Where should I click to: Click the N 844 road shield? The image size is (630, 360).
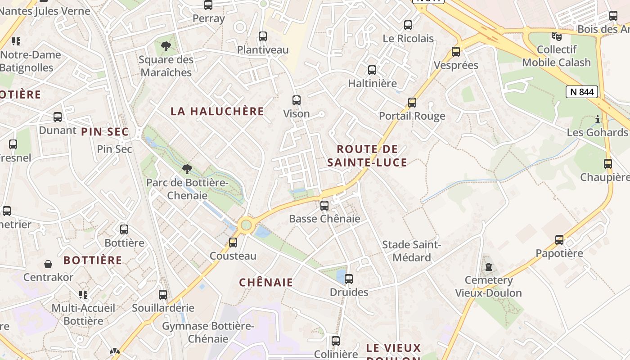pos(582,92)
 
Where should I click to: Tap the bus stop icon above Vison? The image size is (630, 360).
pos(297,100)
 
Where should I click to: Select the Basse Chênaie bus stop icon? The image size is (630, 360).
pos(324,206)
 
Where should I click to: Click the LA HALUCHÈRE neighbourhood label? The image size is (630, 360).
pos(217,111)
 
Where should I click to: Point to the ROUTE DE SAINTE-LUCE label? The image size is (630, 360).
pos(367,156)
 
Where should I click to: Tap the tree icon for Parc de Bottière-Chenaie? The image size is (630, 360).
pos(187,170)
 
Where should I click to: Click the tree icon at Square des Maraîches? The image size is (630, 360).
pos(166,46)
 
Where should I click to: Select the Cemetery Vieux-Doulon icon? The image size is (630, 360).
pos(488,267)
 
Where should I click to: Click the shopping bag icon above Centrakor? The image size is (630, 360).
pos(48,264)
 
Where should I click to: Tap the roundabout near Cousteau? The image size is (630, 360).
pos(246,225)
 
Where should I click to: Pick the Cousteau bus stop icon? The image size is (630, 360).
pos(233,243)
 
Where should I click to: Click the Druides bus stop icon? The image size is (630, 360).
pos(349,279)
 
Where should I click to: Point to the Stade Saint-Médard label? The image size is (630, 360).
pos(411,251)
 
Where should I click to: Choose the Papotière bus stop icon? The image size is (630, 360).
pos(559,240)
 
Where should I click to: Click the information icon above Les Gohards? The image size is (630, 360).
pos(598,119)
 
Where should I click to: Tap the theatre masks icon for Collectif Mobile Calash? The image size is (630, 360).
pos(557,36)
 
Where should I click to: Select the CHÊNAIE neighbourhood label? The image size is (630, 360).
pos(266,283)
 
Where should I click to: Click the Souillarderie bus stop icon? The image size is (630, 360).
pos(163,295)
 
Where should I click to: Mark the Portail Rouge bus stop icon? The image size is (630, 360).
pos(412,103)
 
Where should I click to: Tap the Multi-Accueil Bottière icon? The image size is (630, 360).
pos(83,295)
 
